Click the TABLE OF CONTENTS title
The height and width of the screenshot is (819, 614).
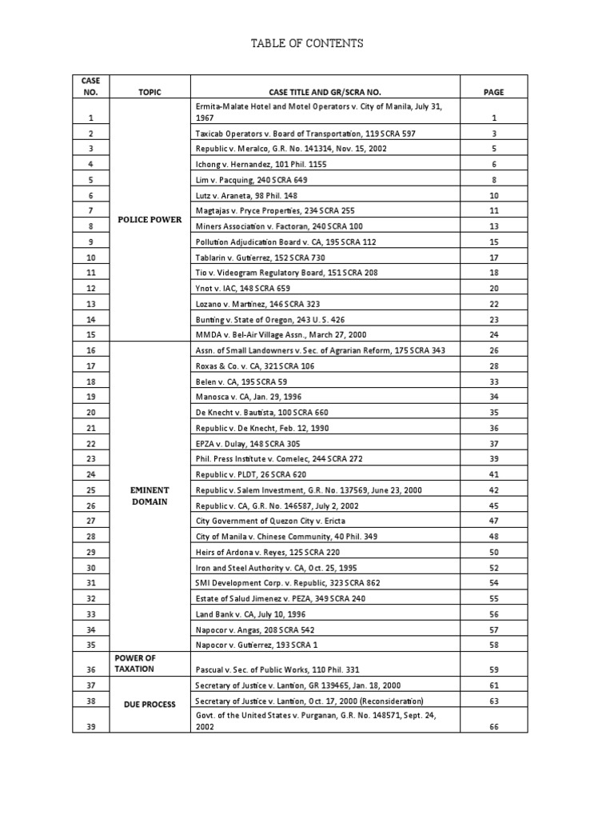pyautogui.click(x=307, y=43)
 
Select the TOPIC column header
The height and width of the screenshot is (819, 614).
pyautogui.click(x=150, y=93)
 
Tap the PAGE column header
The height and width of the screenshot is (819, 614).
pyautogui.click(x=493, y=93)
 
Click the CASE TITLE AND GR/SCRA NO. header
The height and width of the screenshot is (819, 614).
pyautogui.click(x=325, y=93)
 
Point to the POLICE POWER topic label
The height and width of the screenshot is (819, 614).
pyautogui.click(x=150, y=219)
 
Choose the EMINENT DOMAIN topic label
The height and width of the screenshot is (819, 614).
pyautogui.click(x=150, y=495)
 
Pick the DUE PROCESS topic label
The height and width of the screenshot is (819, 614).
pyautogui.click(x=150, y=705)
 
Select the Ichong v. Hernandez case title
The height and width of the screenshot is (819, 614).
pyautogui.click(x=261, y=164)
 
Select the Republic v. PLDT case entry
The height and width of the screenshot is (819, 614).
pyautogui.click(x=251, y=473)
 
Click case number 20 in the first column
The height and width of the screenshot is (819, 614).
pyautogui.click(x=90, y=412)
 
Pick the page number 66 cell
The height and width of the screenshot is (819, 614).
pyautogui.click(x=493, y=726)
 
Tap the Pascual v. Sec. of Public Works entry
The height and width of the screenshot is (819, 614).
pyautogui.click(x=285, y=669)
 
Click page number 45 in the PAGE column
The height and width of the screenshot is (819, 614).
pyautogui.click(x=493, y=505)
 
